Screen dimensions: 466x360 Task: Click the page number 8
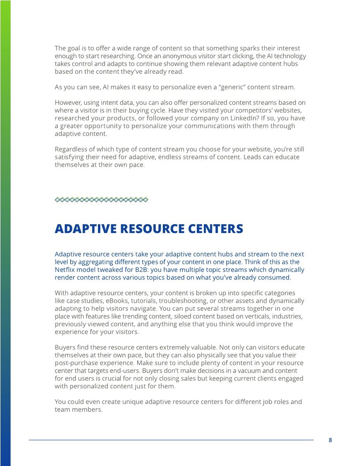(330, 440)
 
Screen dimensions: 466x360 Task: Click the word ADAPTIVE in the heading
(86, 229)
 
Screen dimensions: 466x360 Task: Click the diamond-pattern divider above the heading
(101, 200)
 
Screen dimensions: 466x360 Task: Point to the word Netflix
(65, 270)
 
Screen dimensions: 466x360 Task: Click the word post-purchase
(78, 363)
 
